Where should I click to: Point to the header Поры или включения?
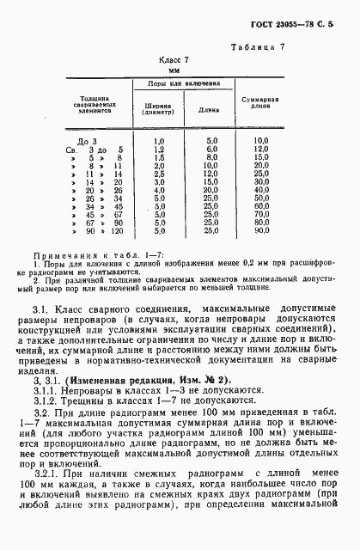(184, 84)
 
